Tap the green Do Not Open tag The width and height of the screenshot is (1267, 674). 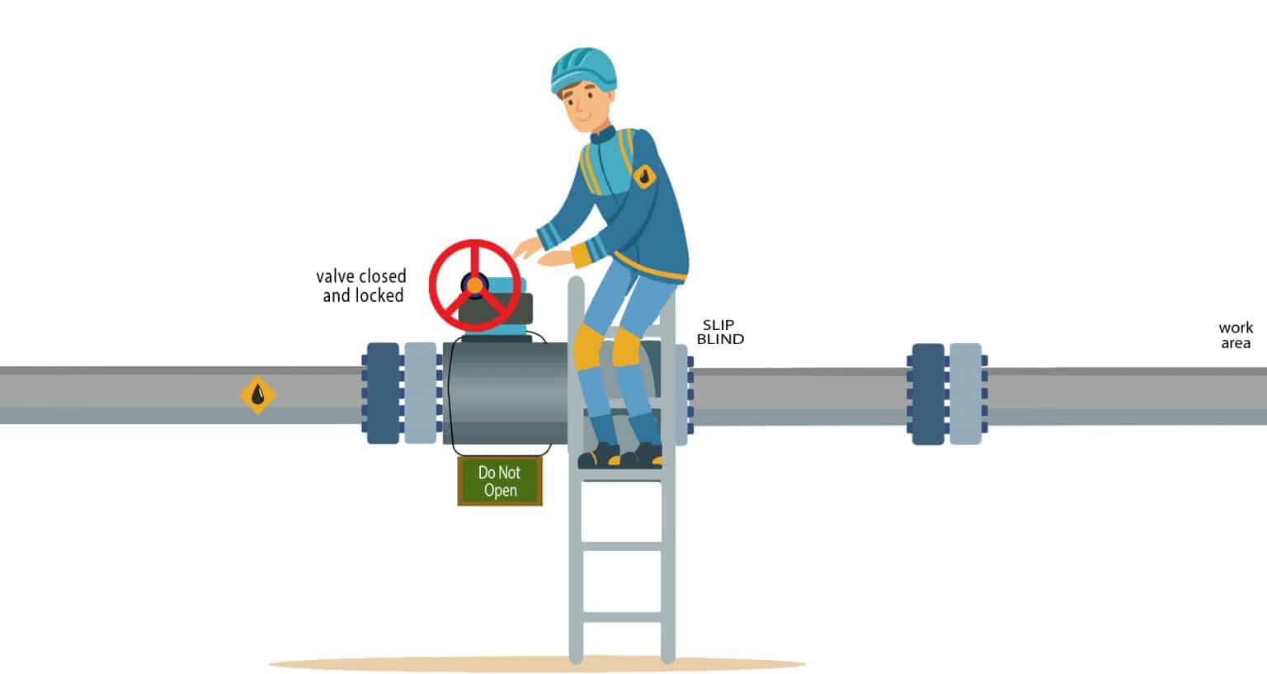coord(500,481)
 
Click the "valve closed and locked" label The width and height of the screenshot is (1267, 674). coord(361,285)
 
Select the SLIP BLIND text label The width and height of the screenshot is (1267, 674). coord(720,332)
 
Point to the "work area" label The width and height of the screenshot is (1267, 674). coord(1236,336)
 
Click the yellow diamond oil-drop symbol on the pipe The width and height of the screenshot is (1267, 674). coord(258,395)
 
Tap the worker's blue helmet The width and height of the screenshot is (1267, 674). coord(584,70)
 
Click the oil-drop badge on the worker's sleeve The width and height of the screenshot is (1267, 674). coord(643,177)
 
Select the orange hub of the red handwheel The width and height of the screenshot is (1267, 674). coord(474,285)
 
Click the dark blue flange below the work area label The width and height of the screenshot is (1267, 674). coord(928,394)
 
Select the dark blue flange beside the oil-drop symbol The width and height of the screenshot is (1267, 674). coord(383,394)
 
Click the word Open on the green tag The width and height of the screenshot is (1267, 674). coord(500,490)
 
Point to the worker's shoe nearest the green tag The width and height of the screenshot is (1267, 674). coord(599,455)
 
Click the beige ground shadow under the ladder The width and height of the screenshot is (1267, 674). coord(536,663)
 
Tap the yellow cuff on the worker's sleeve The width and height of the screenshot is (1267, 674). coord(583,257)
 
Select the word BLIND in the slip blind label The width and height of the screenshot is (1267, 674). coord(720,340)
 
